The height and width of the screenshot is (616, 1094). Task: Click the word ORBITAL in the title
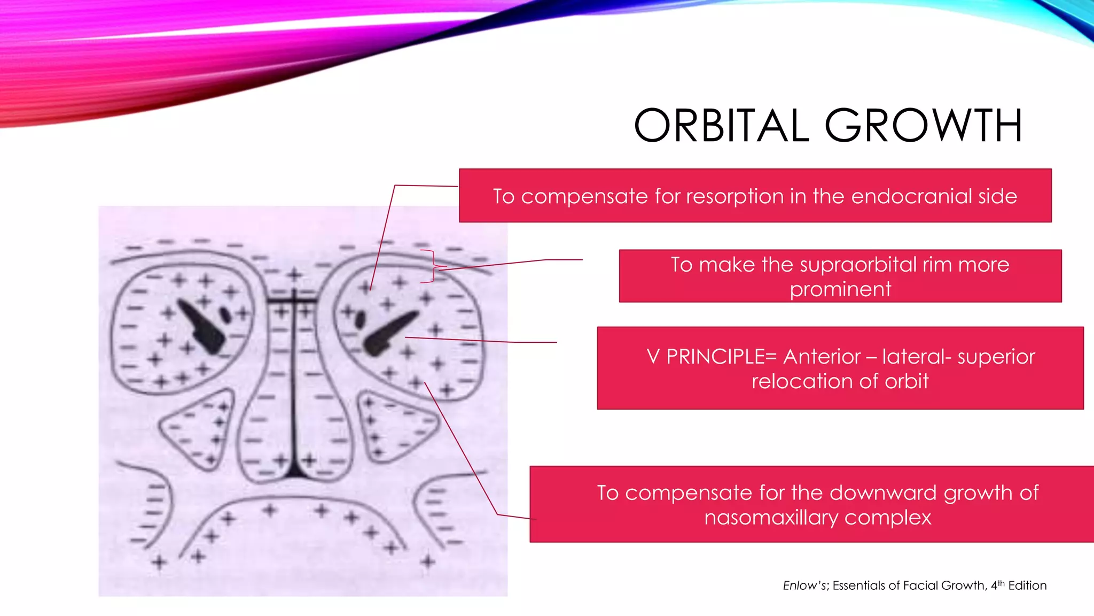tap(721, 126)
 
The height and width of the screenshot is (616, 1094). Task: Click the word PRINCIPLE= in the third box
tap(721, 357)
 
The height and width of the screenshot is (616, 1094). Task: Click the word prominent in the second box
tap(840, 289)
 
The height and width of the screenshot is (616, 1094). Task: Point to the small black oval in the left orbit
tap(225, 314)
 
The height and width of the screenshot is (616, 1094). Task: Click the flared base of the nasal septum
tap(294, 471)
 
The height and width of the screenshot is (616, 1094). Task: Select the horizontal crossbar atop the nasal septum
tap(293, 301)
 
